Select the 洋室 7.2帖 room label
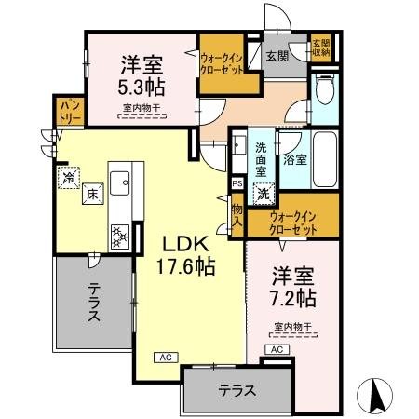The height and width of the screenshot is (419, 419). pyautogui.click(x=293, y=288)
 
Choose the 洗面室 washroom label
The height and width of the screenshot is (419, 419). pyautogui.click(x=262, y=159)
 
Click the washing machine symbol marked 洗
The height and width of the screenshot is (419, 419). pyautogui.click(x=264, y=195)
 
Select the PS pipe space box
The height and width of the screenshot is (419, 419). pyautogui.click(x=237, y=183)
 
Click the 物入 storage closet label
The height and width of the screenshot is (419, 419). pyautogui.click(x=237, y=217)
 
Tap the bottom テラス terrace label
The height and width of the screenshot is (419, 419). pyautogui.click(x=237, y=391)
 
